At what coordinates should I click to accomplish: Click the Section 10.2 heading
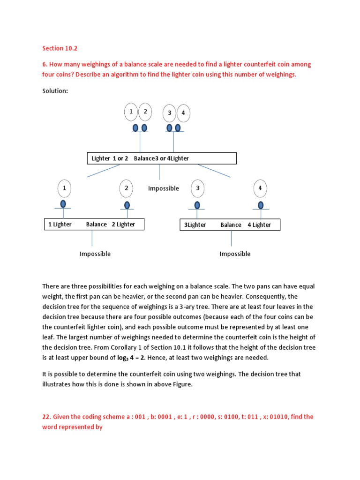[58, 48]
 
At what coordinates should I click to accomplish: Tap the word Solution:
[55, 91]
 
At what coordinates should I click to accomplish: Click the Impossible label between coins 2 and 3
[163, 188]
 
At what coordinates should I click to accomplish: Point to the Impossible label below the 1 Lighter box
[95, 254]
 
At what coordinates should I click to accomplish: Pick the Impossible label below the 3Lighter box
[235, 254]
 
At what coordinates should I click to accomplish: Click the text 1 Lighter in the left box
[60, 225]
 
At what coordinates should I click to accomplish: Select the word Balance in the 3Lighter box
[231, 225]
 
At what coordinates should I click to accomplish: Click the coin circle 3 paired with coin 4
[169, 113]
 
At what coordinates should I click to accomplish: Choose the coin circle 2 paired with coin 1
[145, 111]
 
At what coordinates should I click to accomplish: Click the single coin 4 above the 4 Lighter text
[260, 188]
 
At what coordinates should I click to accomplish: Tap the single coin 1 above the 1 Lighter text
[64, 188]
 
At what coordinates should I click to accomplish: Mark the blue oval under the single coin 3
[197, 205]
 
